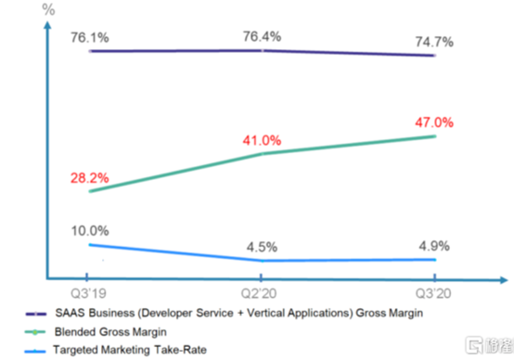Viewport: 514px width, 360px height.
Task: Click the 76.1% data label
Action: [x=90, y=38]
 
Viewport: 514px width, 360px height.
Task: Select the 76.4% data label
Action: [x=262, y=36]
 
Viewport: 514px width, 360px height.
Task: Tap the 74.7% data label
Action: [x=434, y=42]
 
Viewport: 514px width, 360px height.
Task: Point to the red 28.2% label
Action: [x=89, y=178]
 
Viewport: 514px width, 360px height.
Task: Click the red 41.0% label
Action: [x=262, y=140]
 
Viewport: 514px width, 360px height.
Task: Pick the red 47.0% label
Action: [x=434, y=122]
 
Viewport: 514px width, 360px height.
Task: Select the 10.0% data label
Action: [x=90, y=231]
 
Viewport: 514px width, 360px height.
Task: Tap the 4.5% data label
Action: [x=262, y=247]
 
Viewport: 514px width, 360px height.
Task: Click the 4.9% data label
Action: [x=434, y=246]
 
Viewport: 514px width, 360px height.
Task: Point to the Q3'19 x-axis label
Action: [x=88, y=293]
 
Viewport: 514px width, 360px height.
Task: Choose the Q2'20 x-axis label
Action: [x=259, y=293]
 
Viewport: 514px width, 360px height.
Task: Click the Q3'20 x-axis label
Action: [x=433, y=293]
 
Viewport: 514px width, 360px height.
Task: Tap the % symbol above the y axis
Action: [x=48, y=9]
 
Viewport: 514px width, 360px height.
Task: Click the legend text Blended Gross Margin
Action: [x=110, y=332]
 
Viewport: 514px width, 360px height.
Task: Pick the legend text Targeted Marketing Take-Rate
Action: [x=130, y=350]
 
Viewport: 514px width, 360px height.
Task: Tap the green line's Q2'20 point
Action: [x=262, y=153]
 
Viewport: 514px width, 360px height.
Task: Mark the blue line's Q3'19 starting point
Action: [x=90, y=245]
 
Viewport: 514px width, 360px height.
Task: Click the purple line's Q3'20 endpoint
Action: [x=434, y=56]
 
